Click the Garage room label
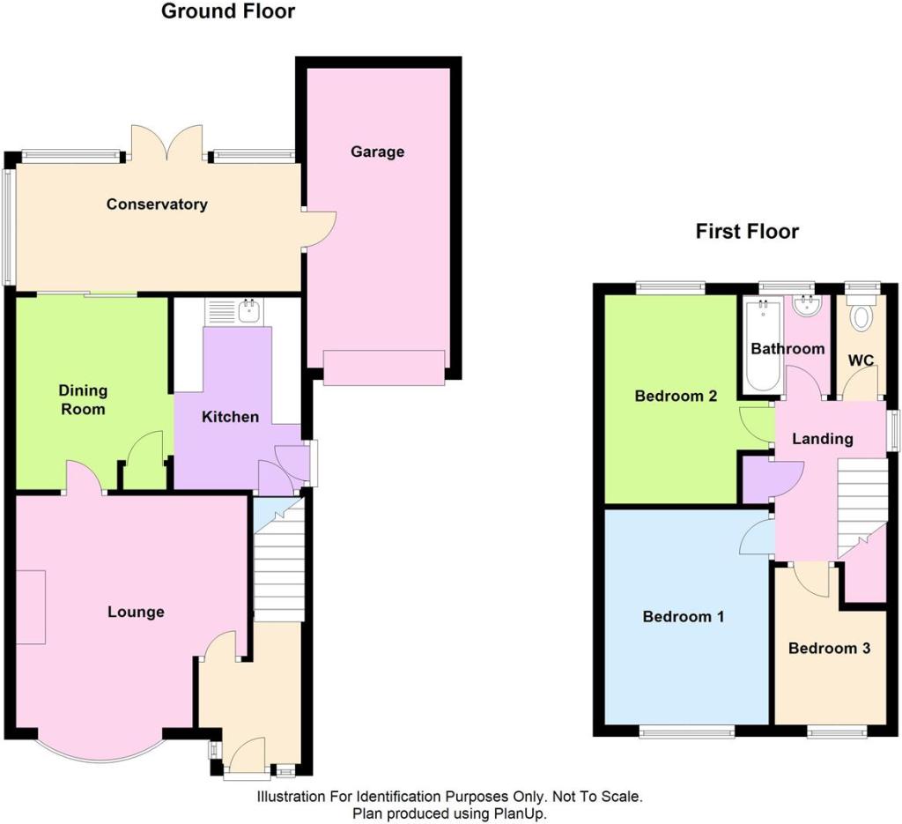click(x=377, y=152)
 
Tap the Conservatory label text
click(x=157, y=204)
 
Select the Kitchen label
click(x=230, y=417)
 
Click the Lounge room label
click(x=136, y=612)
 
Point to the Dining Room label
click(x=83, y=400)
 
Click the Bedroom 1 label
click(x=684, y=617)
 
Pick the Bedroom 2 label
click(x=676, y=396)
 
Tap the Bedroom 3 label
click(x=829, y=649)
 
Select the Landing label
click(x=823, y=439)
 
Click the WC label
click(x=861, y=360)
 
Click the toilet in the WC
click(x=861, y=314)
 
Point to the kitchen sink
click(x=250, y=310)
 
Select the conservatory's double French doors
click(x=167, y=143)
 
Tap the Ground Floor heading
click(x=228, y=11)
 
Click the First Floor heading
click(x=747, y=231)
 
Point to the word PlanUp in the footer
click(x=520, y=813)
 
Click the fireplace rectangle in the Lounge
click(x=31, y=607)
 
